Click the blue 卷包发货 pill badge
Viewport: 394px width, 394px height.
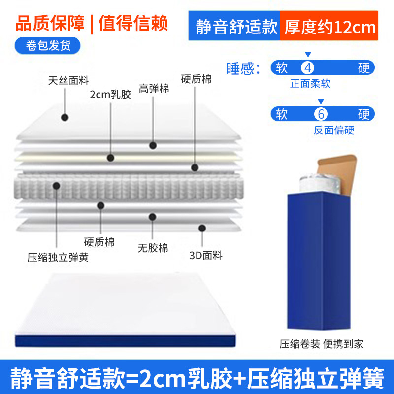click(47, 45)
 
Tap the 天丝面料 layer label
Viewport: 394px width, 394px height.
click(68, 81)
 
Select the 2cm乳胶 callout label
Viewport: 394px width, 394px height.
click(110, 95)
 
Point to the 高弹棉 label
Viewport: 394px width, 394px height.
click(154, 89)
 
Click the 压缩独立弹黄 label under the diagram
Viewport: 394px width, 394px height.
click(58, 257)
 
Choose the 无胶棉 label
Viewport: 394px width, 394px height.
click(153, 248)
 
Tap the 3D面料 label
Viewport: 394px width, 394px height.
click(206, 255)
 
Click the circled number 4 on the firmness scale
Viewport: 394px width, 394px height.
click(308, 68)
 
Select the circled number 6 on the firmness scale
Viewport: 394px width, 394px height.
click(321, 114)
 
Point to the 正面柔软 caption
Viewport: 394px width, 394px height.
click(310, 83)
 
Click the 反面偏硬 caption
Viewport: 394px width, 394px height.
click(334, 130)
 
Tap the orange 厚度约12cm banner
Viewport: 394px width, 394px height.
click(329, 26)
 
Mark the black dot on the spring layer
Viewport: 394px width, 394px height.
click(57, 186)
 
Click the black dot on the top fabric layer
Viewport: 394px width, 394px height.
click(65, 117)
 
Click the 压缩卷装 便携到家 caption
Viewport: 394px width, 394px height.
click(322, 344)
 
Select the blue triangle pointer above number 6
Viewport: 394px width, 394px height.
click(321, 101)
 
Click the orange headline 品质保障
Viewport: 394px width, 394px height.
click(50, 23)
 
